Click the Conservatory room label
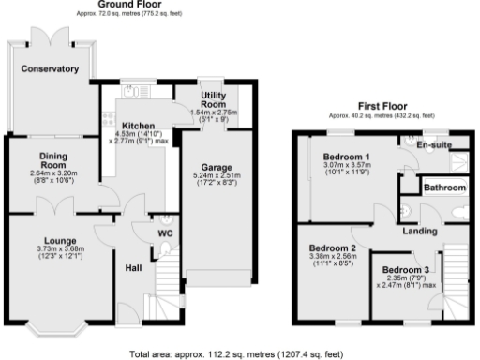pos(52,68)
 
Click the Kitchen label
pos(138,125)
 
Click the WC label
pos(166,231)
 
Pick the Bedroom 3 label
pos(406,270)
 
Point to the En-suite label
pos(435,145)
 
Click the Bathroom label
pos(444,187)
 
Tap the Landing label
pos(420,231)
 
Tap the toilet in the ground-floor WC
pos(165,247)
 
